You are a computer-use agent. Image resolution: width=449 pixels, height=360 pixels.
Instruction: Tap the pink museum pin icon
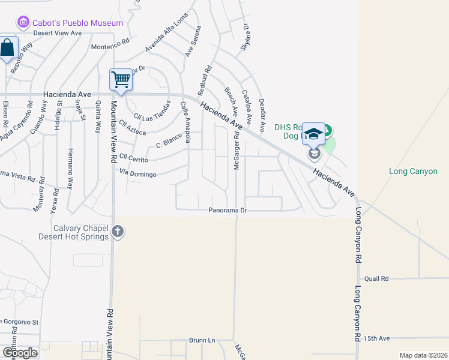tap(23, 23)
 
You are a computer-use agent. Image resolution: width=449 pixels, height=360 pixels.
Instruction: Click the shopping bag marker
tap(7, 49)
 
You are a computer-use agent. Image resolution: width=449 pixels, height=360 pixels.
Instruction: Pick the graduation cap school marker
tap(313, 133)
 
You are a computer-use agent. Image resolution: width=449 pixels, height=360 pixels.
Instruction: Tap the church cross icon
tap(118, 231)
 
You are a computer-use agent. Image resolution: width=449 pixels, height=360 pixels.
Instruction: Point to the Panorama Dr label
tap(228, 211)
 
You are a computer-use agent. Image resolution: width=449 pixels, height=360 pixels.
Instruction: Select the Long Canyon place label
tap(413, 171)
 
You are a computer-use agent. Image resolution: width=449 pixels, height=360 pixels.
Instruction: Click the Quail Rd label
tap(376, 278)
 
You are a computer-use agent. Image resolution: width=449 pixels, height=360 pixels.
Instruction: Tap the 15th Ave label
tap(376, 338)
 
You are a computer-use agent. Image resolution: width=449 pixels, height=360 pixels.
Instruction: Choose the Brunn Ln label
tap(202, 340)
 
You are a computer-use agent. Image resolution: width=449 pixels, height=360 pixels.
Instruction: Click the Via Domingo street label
tap(138, 175)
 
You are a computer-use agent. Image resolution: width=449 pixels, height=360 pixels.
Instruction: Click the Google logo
tap(19, 353)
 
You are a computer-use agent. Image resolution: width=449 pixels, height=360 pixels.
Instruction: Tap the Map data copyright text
tap(423, 355)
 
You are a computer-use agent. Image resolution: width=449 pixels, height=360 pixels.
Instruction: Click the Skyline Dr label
tap(245, 35)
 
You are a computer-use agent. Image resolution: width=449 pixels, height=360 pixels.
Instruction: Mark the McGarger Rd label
tap(237, 154)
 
